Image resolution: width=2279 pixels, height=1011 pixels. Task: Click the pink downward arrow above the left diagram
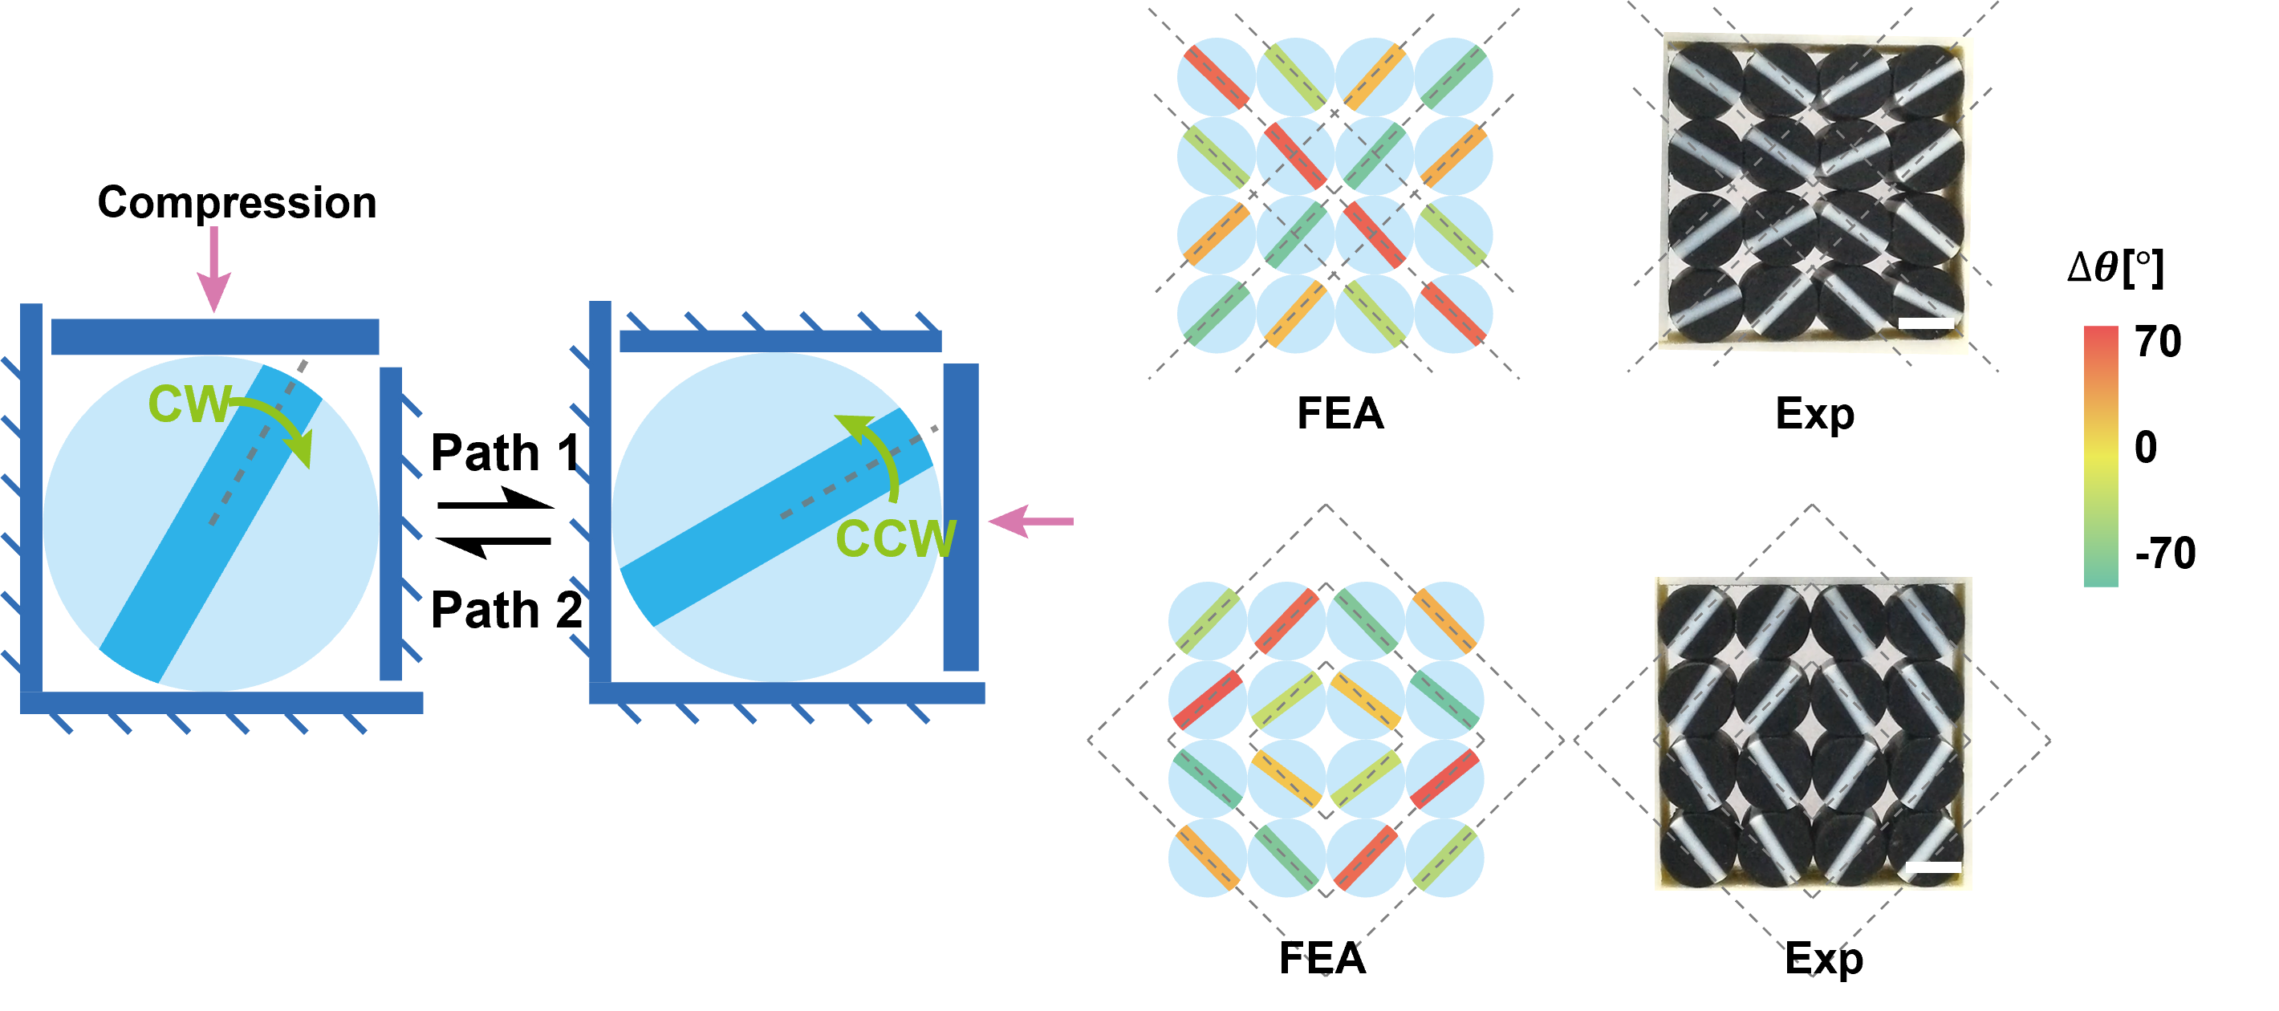pyautogui.click(x=213, y=270)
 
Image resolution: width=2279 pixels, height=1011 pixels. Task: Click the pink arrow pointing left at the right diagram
pyautogui.click(x=1030, y=521)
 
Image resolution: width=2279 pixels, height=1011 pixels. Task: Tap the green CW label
pyautogui.click(x=189, y=405)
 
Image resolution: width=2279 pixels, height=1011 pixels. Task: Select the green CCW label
pyautogui.click(x=895, y=538)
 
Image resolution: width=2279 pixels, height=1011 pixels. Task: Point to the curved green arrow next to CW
pyautogui.click(x=277, y=424)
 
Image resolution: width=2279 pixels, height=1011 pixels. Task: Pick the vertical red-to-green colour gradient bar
pyautogui.click(x=2100, y=456)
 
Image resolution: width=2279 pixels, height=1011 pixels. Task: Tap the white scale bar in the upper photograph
pyautogui.click(x=1926, y=323)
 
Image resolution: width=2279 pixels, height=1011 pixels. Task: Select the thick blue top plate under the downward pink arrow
pyautogui.click(x=215, y=337)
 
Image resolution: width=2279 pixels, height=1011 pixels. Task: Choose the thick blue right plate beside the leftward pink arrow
pyautogui.click(x=960, y=518)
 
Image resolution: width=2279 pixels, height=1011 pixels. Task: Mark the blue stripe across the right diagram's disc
pyautogui.click(x=774, y=518)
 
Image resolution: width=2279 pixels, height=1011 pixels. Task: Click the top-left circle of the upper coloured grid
pyautogui.click(x=1216, y=77)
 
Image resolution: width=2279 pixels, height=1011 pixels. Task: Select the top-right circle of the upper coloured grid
pyautogui.click(x=1453, y=77)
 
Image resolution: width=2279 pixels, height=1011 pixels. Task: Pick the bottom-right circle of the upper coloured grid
pyautogui.click(x=1453, y=314)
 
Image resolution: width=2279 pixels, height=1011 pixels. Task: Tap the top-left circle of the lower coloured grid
pyautogui.click(x=1208, y=620)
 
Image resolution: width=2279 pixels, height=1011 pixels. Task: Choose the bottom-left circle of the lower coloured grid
pyautogui.click(x=1208, y=857)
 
